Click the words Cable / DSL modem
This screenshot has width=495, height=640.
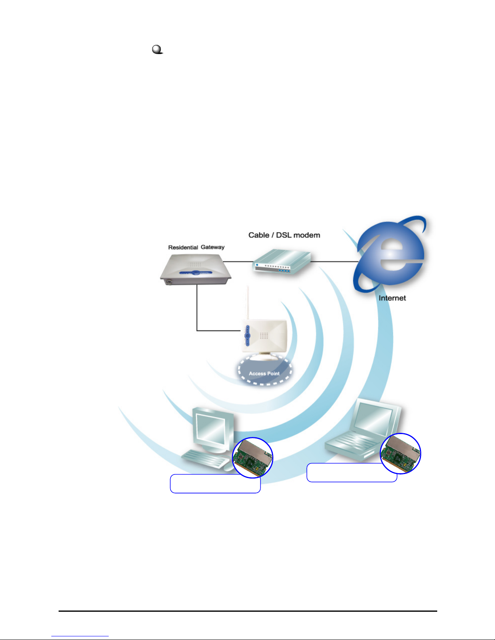[284, 235]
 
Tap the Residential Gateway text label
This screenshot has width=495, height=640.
[196, 247]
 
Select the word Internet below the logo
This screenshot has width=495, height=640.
[392, 298]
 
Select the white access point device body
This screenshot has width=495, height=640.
[265, 335]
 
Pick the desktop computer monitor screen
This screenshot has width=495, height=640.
[211, 429]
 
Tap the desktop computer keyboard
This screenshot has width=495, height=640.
[204, 460]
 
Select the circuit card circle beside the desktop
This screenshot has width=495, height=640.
[253, 457]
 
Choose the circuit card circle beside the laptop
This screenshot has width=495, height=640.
[401, 453]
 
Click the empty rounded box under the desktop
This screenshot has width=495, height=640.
[215, 484]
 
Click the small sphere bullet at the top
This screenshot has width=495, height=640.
[157, 50]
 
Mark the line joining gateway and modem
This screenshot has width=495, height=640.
[238, 262]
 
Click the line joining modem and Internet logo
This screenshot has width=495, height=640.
[333, 262]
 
